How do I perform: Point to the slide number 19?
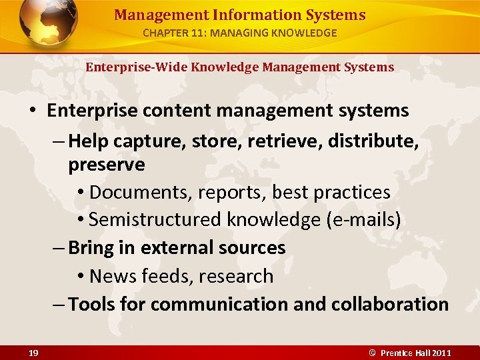33,352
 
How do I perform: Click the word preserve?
107,165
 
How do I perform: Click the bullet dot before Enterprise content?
33,111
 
